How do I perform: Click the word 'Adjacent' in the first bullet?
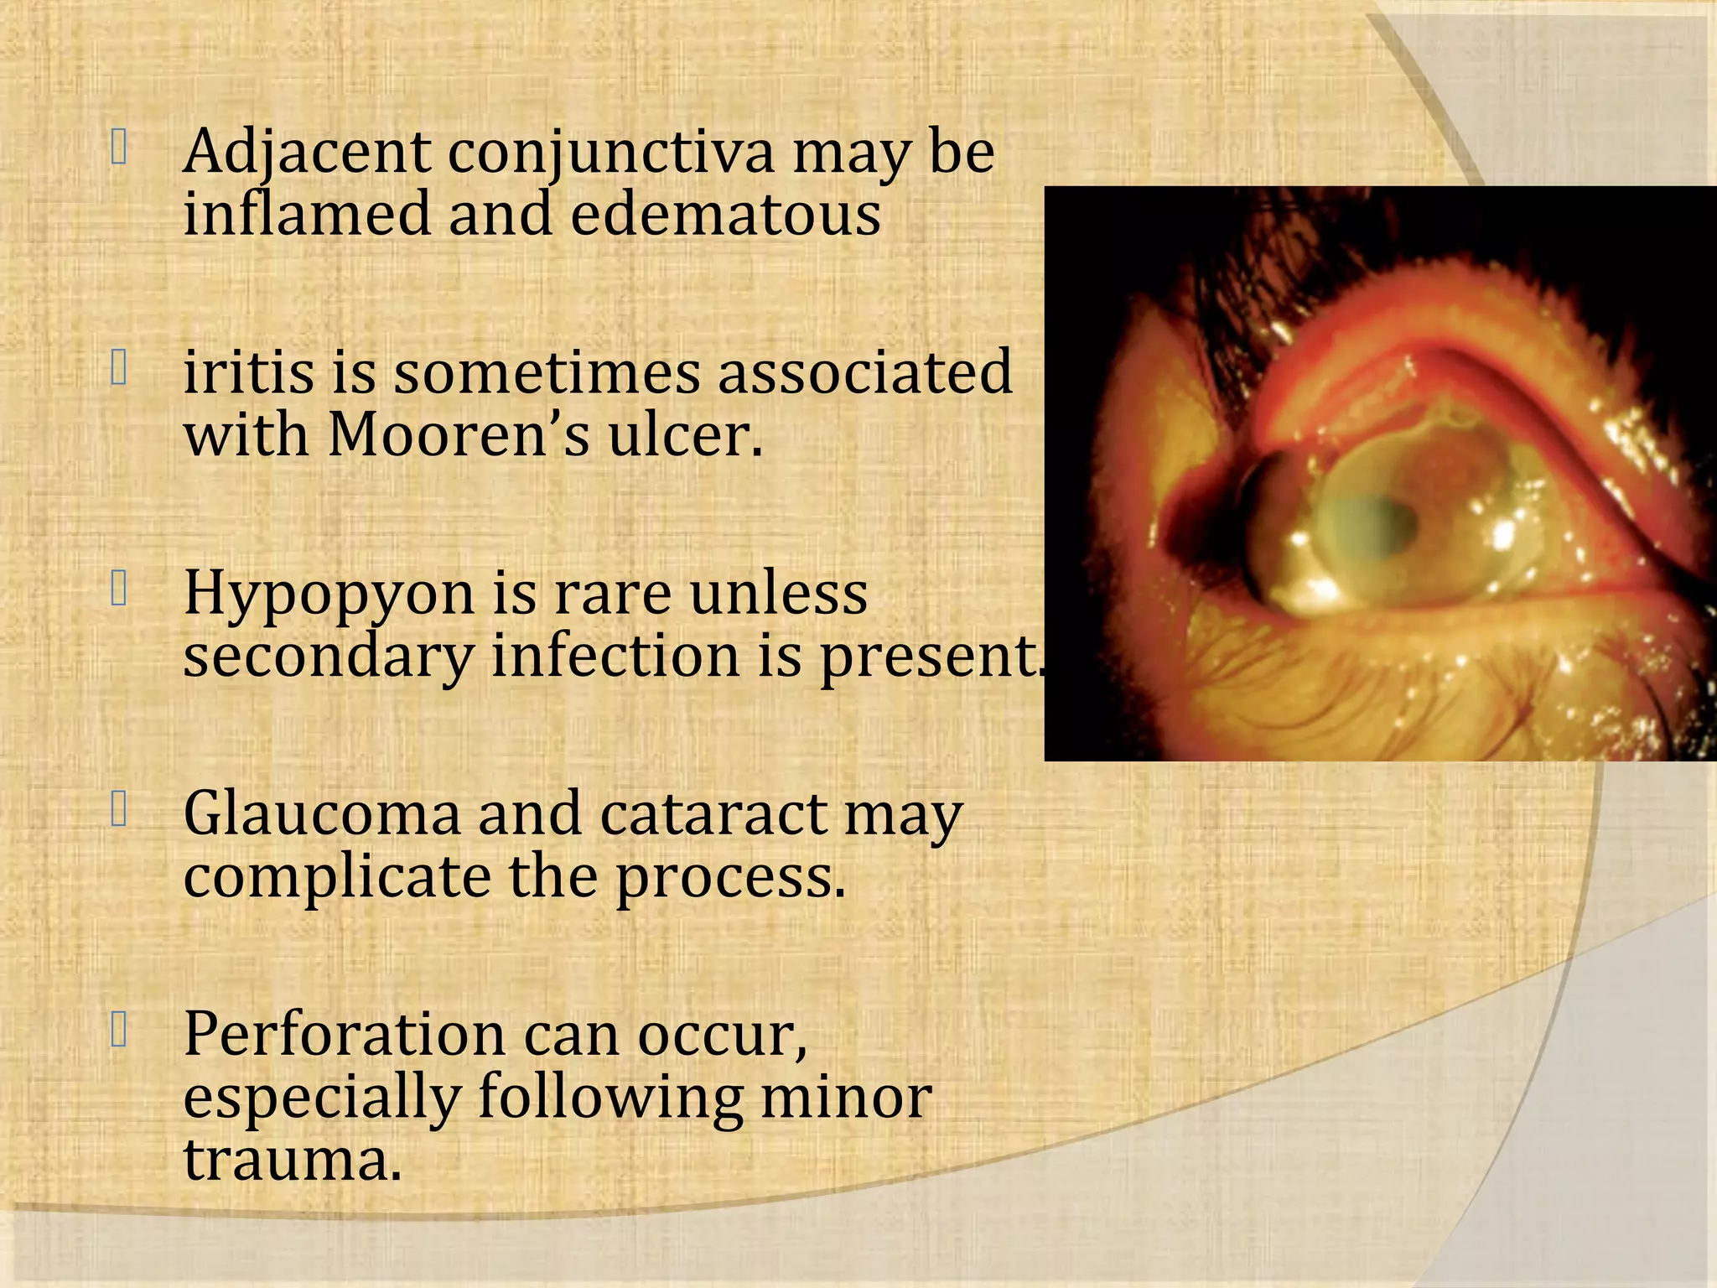click(x=307, y=153)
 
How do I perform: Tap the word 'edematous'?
click(x=726, y=215)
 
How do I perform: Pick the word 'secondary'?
click(x=329, y=657)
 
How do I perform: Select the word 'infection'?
click(x=615, y=656)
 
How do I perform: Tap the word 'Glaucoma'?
click(x=322, y=815)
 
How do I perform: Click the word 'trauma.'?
click(x=293, y=1161)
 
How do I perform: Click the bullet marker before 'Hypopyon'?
click(x=119, y=590)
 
